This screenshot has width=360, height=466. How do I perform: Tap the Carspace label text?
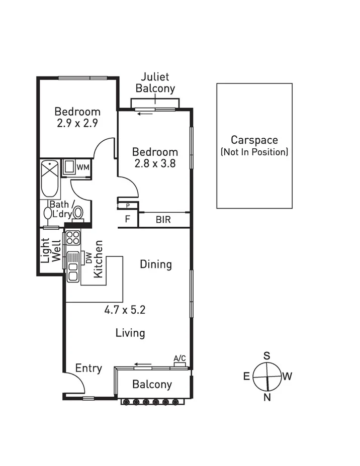[254, 140]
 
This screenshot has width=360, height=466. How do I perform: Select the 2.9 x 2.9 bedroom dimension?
[77, 123]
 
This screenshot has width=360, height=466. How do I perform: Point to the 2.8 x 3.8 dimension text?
[155, 163]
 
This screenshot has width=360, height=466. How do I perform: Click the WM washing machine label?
[83, 167]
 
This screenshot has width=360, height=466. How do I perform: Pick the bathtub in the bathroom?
[50, 178]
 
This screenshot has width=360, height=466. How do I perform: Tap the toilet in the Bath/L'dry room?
[78, 213]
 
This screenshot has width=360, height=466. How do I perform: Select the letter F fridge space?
[128, 220]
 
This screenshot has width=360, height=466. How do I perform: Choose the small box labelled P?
[128, 205]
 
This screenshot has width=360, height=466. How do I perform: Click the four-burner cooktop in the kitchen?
[73, 237]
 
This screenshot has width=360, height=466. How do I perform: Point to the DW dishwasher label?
[88, 258]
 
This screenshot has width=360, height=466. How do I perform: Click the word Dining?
[156, 264]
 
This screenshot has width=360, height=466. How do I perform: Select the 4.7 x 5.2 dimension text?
[125, 310]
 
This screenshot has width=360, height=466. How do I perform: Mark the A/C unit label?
[179, 358]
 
